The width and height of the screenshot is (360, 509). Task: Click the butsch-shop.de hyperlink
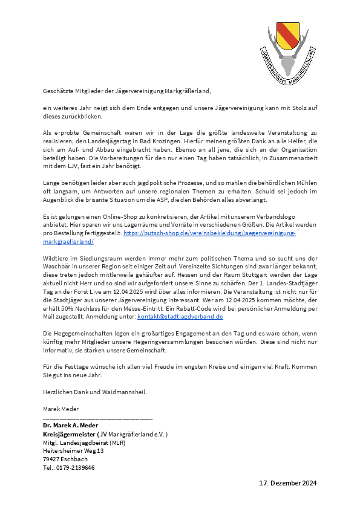[x=209, y=233]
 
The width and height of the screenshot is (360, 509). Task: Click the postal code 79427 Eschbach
[x=66, y=459]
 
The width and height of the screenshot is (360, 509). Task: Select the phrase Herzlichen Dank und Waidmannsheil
[x=94, y=392]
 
